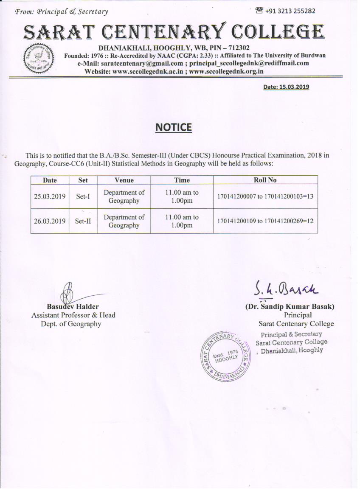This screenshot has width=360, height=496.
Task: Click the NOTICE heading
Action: [x=174, y=127]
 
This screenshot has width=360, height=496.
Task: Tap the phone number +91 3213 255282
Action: [x=290, y=11]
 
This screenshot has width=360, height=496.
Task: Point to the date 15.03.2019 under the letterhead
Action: [x=286, y=87]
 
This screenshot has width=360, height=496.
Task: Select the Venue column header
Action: [x=124, y=180]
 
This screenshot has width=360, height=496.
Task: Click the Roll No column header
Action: [x=265, y=180]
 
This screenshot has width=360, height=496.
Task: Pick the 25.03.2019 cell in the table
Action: [x=50, y=196]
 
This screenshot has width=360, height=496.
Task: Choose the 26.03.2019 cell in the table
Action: [x=50, y=221]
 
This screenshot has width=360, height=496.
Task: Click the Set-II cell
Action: [x=83, y=221]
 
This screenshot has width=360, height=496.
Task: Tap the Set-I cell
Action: [x=83, y=196]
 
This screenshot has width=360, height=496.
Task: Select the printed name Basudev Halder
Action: [x=73, y=306]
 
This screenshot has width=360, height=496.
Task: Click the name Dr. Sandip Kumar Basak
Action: [x=290, y=306]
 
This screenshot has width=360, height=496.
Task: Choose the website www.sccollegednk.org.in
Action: [x=226, y=71]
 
